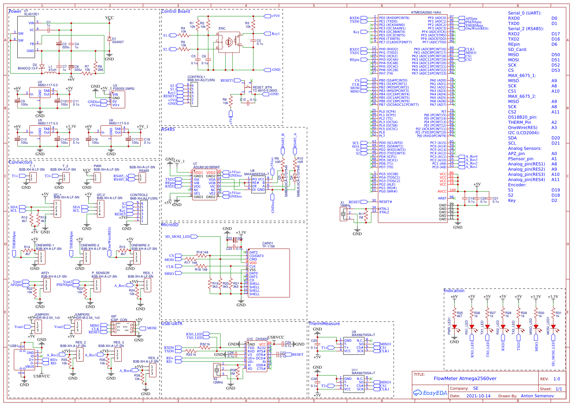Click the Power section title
pyautogui.click(x=15, y=11)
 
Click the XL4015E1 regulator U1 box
pyautogui.click(x=26, y=37)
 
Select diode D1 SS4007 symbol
pyautogui.click(x=109, y=39)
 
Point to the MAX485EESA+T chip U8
pyautogui.click(x=258, y=184)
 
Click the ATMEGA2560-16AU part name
pyautogui.click(x=426, y=12)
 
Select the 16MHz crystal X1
pyautogui.click(x=344, y=214)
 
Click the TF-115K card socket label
pyautogui.click(x=268, y=246)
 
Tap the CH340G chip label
pyautogui.click(x=262, y=339)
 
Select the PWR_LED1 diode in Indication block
pyautogui.click(x=454, y=327)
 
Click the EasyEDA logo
pyautogui.click(x=430, y=393)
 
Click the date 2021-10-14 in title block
pyautogui.click(x=478, y=396)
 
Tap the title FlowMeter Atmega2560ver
pyautogui.click(x=465, y=379)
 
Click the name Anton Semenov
pyautogui.click(x=537, y=396)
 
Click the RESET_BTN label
pyautogui.click(x=262, y=87)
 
